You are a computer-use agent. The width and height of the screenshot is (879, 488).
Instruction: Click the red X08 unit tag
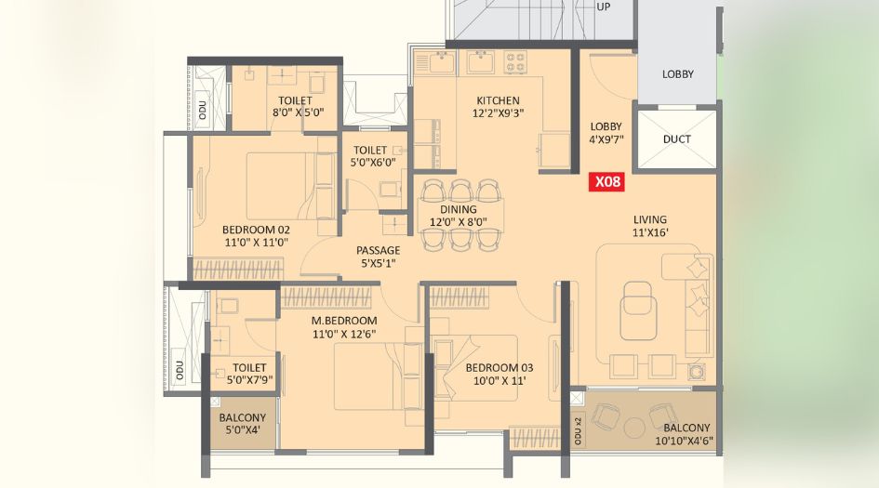[606, 182]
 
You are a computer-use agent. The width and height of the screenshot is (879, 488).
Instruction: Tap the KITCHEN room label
[498, 100]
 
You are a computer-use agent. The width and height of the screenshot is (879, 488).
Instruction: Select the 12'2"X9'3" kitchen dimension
[498, 113]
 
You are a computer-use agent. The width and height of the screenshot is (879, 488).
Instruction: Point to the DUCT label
[676, 138]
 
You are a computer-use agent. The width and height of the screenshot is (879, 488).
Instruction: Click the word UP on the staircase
[603, 7]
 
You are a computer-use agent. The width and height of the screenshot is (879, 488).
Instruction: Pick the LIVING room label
[650, 219]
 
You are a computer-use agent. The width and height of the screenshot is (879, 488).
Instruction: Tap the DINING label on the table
[459, 209]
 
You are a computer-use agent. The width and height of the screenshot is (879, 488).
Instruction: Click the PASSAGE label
[379, 250]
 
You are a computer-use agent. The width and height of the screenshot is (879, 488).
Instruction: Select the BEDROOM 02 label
[256, 230]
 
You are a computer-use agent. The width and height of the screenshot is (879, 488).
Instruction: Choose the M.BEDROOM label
[344, 321]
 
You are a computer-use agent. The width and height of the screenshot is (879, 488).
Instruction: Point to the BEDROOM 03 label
[499, 368]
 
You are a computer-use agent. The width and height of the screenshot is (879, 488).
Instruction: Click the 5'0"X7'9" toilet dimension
[249, 380]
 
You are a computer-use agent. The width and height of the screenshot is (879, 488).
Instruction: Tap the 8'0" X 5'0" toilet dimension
[296, 113]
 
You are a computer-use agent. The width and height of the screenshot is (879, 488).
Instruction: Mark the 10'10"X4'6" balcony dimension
[684, 441]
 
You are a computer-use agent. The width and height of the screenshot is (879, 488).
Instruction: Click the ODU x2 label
[579, 431]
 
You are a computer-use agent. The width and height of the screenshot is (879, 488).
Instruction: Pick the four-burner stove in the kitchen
[515, 62]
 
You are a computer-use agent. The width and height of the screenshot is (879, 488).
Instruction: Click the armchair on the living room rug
[638, 311]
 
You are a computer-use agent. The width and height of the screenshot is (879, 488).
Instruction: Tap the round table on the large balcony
[634, 428]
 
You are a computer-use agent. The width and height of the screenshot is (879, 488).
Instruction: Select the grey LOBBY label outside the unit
[678, 74]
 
